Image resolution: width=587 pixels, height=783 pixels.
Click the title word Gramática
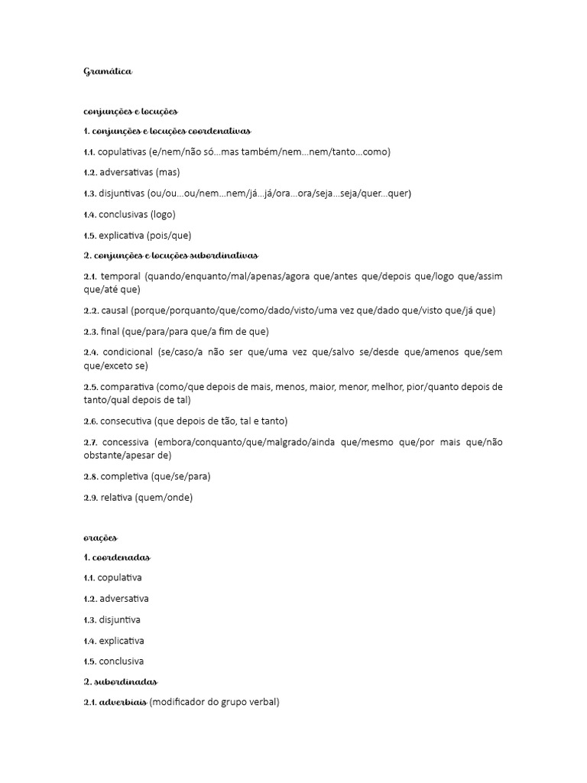(108, 72)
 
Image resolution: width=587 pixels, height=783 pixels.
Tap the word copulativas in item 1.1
(122, 152)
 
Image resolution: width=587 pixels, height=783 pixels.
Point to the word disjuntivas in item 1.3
(122, 193)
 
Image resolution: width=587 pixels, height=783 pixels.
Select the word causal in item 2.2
(114, 310)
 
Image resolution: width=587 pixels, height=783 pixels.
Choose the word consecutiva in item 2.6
(125, 421)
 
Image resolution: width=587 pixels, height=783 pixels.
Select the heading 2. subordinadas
(119, 681)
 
